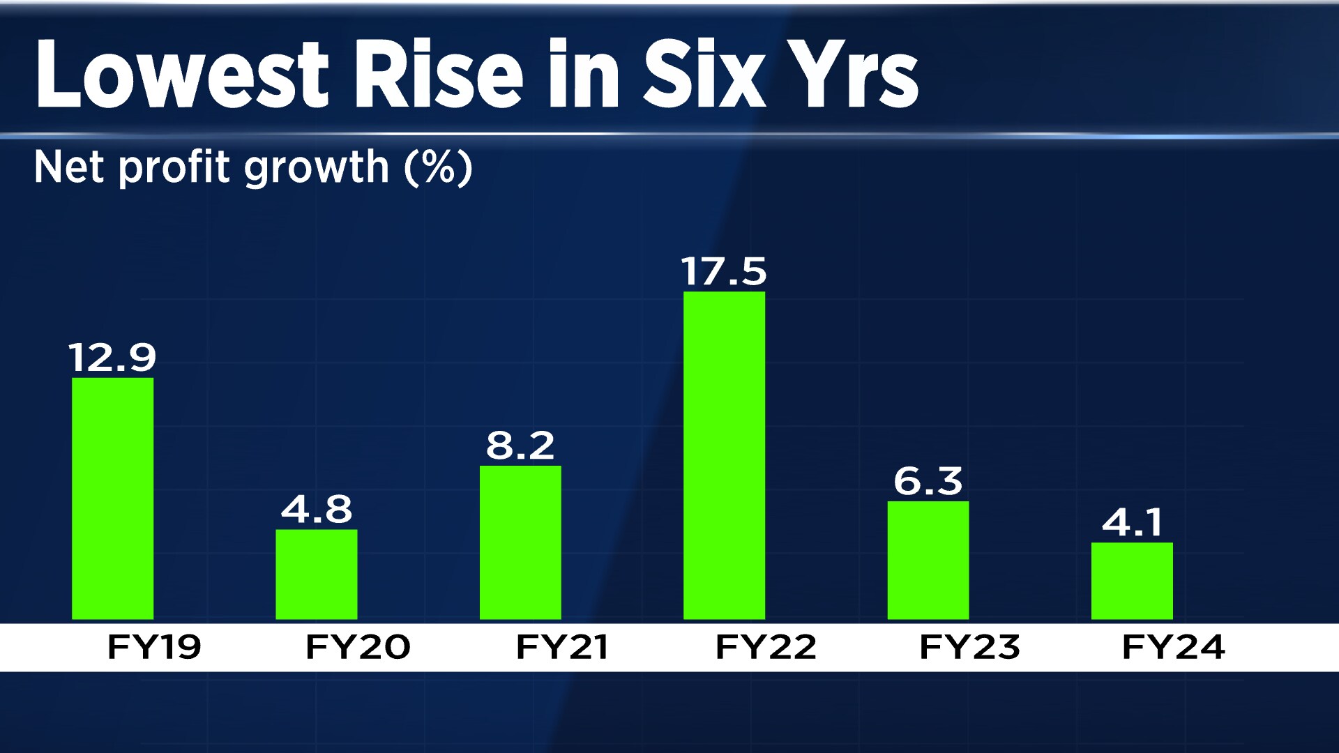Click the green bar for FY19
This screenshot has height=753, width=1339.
tap(112, 498)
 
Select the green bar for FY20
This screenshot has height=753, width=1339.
tap(316, 574)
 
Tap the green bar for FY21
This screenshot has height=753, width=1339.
tap(520, 542)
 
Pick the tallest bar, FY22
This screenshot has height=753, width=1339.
tap(724, 455)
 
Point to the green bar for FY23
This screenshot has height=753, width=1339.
tap(928, 560)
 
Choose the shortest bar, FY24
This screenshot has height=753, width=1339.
tap(1132, 580)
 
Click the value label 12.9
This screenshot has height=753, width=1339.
tap(112, 358)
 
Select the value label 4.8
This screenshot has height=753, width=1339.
tap(317, 509)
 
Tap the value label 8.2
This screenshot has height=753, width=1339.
tap(520, 446)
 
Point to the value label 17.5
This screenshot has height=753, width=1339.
tap(724, 271)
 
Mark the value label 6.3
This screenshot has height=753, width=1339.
tap(928, 481)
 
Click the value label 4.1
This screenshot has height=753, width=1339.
tap(1133, 522)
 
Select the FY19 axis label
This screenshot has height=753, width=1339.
tap(154, 647)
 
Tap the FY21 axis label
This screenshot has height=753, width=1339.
tap(562, 647)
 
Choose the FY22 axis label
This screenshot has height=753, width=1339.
tap(766, 647)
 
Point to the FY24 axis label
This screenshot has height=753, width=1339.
tap(1174, 647)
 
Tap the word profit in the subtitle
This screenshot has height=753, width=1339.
tap(174, 167)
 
